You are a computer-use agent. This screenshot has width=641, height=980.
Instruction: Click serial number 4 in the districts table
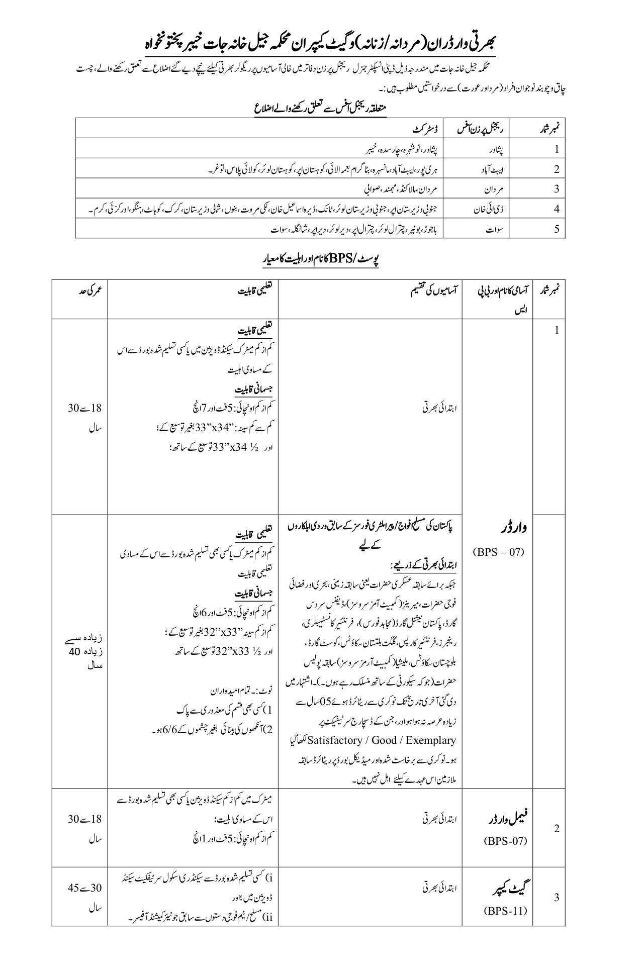[x=557, y=209]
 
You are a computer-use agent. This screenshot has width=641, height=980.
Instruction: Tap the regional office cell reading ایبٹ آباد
[x=492, y=169]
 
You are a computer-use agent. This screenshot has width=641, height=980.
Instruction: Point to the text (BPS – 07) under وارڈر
[x=498, y=552]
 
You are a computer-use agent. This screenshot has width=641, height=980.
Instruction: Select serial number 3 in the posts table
[x=557, y=898]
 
